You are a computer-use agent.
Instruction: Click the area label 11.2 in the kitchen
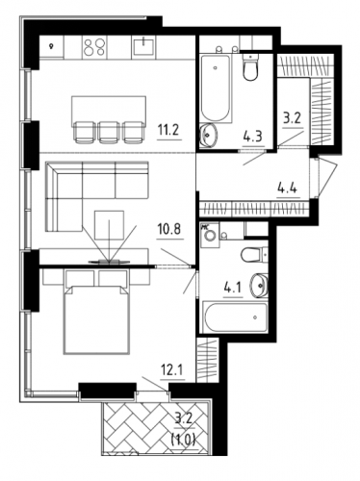[x=169, y=130]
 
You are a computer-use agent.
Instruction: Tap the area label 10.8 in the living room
[x=169, y=229]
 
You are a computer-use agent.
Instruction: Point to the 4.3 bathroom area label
[x=252, y=137]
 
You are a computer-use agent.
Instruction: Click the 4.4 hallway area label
[x=287, y=188]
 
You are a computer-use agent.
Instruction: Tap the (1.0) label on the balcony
[x=183, y=437]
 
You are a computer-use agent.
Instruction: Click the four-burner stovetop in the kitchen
[x=94, y=47]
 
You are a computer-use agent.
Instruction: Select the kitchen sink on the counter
[x=143, y=47]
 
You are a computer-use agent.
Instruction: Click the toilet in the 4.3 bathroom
[x=250, y=66]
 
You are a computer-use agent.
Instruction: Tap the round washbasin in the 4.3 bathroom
[x=209, y=135]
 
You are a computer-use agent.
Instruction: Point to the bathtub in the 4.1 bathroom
[x=235, y=317]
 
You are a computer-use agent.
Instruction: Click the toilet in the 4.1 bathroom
[x=254, y=255]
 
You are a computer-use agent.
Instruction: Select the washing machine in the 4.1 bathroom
[x=210, y=235]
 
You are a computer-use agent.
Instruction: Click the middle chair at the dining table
[x=109, y=132]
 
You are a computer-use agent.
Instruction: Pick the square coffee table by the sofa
[x=110, y=225]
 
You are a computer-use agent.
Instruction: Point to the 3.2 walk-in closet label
[x=292, y=119]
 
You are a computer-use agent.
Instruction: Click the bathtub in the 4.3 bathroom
[x=216, y=89]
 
